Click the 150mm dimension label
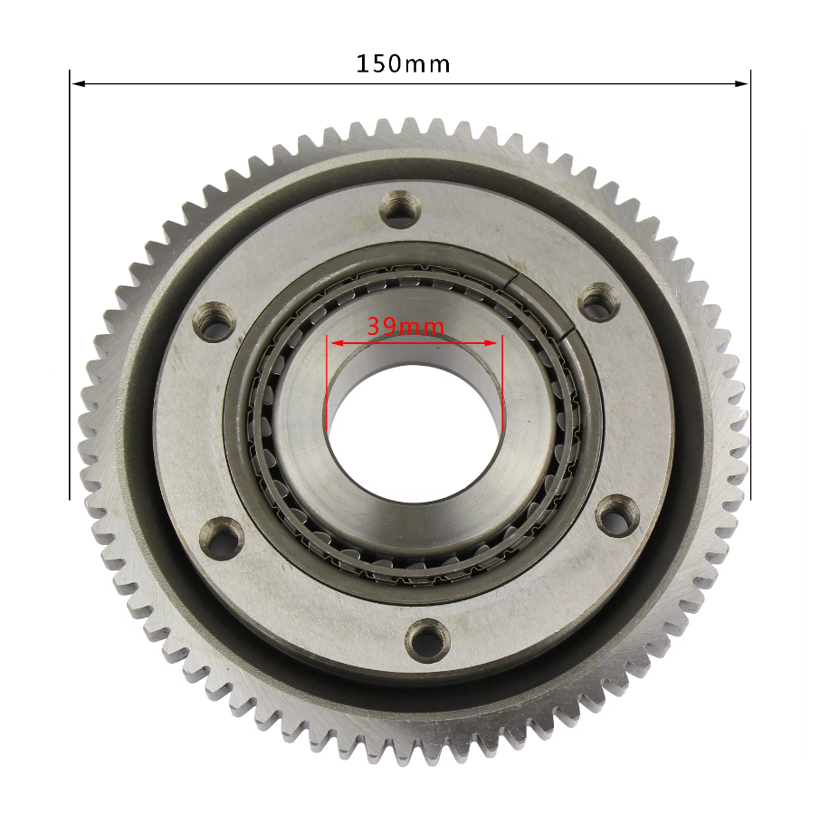[x=403, y=64]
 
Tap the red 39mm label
[x=405, y=326]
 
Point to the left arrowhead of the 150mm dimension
[x=77, y=84]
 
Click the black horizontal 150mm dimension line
[x=272, y=84]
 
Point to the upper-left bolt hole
[x=215, y=322]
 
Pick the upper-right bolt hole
[x=597, y=302]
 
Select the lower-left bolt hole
[x=222, y=536]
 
